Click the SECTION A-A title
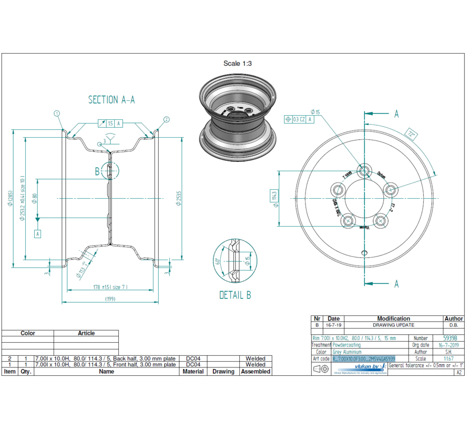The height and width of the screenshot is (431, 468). [x=111, y=100]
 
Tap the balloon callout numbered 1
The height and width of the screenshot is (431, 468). [x=57, y=113]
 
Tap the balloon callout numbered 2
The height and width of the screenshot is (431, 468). [x=166, y=119]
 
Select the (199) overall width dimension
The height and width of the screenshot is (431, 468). [x=110, y=299]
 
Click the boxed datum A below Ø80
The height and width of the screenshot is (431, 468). [x=37, y=234]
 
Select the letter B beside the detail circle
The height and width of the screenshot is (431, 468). [x=97, y=171]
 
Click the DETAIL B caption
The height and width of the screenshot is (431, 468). [x=235, y=295]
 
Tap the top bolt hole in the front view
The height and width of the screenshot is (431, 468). [x=363, y=170]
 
